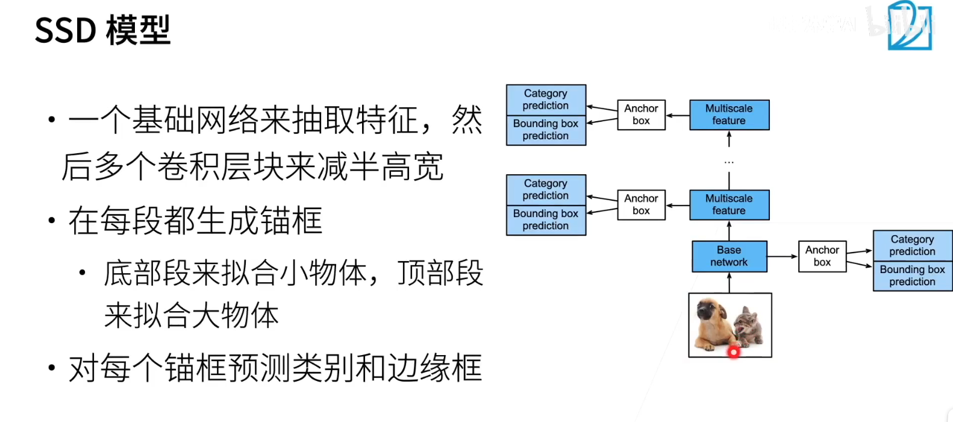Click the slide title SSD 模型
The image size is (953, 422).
pyautogui.click(x=102, y=30)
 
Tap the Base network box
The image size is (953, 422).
pyautogui.click(x=729, y=256)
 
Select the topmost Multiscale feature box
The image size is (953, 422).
pyautogui.click(x=729, y=115)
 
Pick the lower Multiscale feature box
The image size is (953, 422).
pyautogui.click(x=729, y=204)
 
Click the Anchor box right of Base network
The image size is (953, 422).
pyautogui.click(x=822, y=256)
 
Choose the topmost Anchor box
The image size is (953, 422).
pyautogui.click(x=641, y=115)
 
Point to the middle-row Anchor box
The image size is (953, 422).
pyautogui.click(x=641, y=204)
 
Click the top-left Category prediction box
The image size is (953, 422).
pyautogui.click(x=546, y=99)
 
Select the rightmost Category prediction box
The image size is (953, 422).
pyautogui.click(x=912, y=245)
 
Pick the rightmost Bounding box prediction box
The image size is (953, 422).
pyautogui.click(x=912, y=276)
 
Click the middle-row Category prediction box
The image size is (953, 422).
pyautogui.click(x=546, y=189)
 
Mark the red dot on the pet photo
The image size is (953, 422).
pyautogui.click(x=734, y=352)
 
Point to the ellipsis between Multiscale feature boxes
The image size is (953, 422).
pyautogui.click(x=729, y=162)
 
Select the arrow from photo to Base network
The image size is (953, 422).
pyautogui.click(x=729, y=283)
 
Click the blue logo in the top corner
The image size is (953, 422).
pyautogui.click(x=909, y=25)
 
